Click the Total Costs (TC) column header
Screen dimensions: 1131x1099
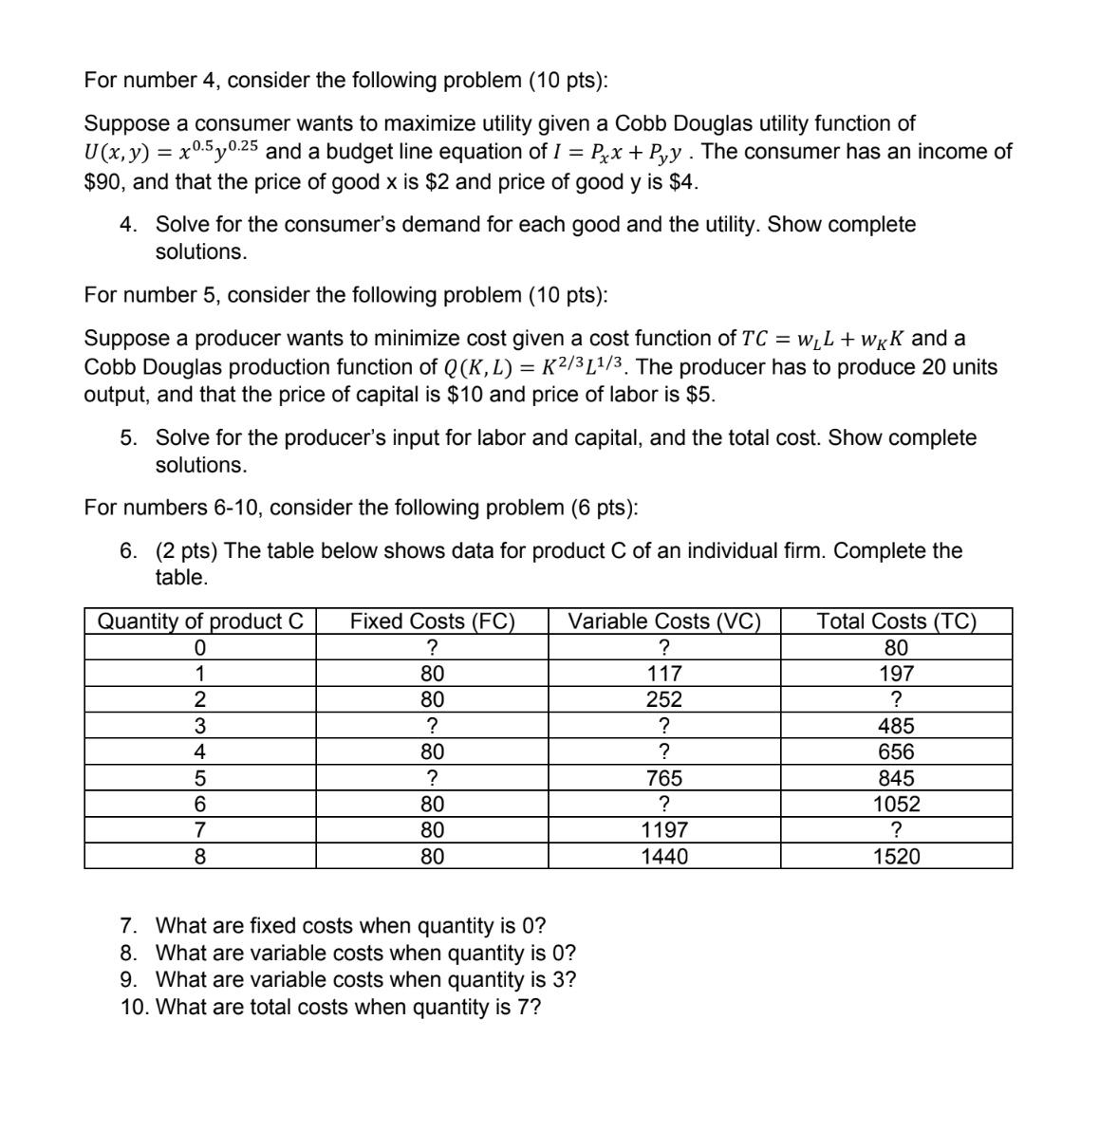896,621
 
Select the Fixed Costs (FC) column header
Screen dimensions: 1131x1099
432,621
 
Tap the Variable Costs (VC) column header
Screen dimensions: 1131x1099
664,621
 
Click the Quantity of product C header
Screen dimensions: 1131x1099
200,621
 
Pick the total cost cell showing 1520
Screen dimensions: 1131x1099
896,857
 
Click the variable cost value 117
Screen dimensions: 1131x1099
664,675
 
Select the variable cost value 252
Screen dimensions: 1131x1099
664,700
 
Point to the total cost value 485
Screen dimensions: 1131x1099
896,727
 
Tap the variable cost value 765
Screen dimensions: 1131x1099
664,779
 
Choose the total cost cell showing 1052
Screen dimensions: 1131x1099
896,805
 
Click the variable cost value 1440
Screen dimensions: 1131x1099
664,857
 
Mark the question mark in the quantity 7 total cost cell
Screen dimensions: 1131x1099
896,831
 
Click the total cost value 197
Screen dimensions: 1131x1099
896,675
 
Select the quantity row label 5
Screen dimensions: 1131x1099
200,779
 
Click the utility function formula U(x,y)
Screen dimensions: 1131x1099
176,152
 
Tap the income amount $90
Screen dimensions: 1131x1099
102,182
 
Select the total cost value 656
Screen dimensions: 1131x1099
896,752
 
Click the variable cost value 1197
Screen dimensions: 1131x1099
664,831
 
